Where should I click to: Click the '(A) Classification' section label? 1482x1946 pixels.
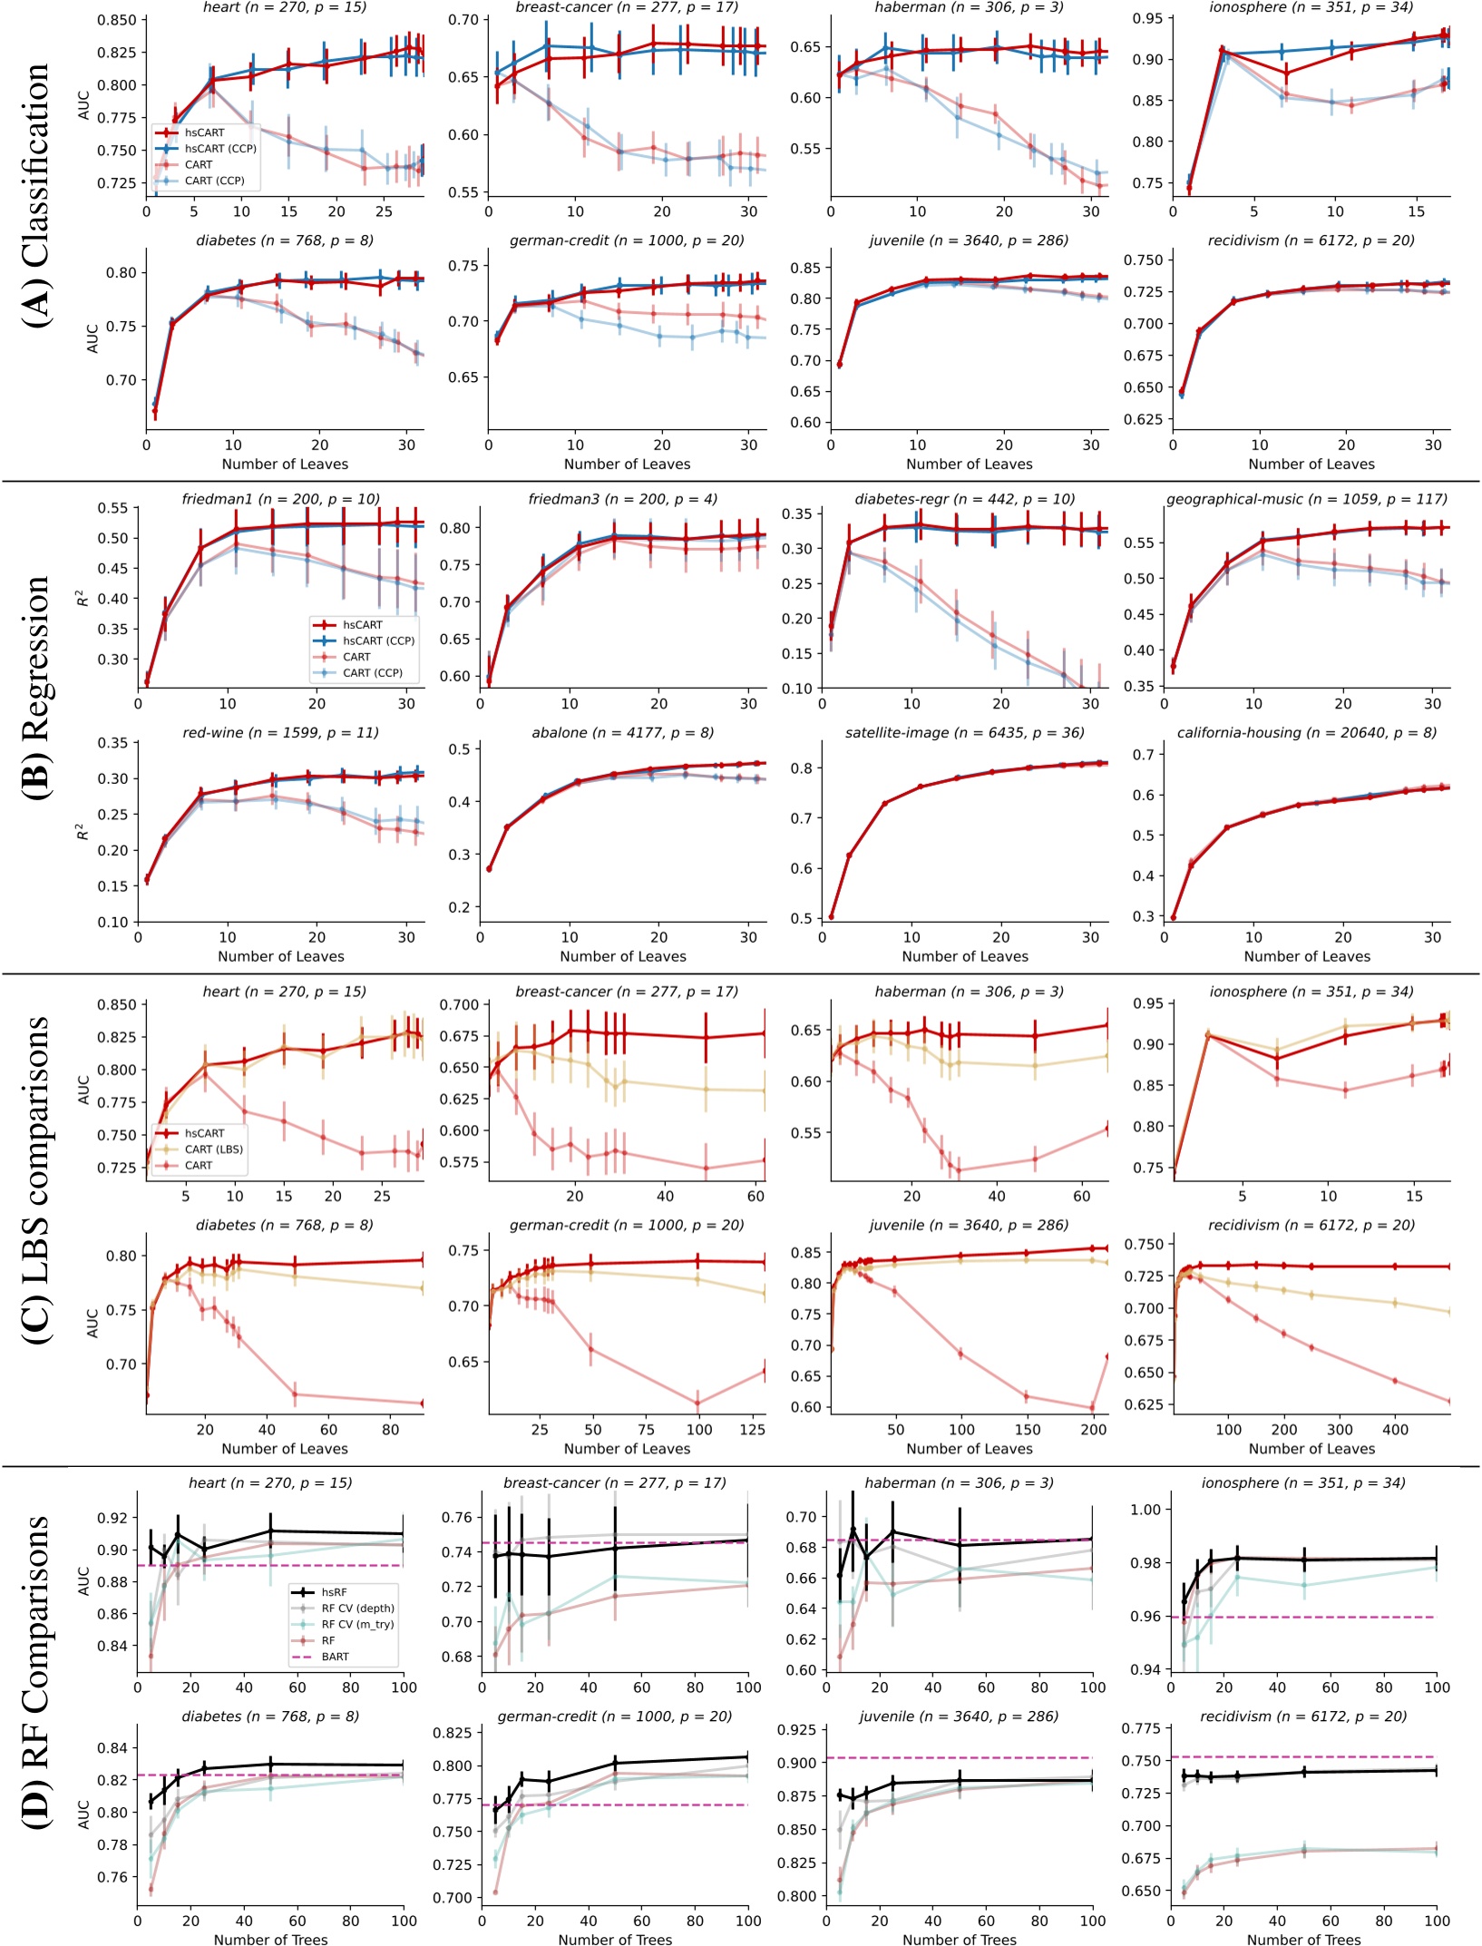coord(36,195)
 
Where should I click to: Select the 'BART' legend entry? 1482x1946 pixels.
coord(335,1657)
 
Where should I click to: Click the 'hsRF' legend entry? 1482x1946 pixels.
coord(334,1592)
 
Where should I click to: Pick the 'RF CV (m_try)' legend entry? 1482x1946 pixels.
coord(357,1624)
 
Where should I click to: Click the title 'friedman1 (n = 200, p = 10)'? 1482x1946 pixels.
coord(280,499)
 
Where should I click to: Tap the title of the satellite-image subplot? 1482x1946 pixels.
coord(964,732)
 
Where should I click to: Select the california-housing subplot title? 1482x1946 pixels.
coord(1306,732)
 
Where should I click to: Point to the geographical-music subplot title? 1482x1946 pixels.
coord(1306,499)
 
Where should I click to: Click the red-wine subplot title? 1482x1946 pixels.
coord(280,732)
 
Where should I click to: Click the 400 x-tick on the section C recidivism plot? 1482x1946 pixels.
coord(1395,1430)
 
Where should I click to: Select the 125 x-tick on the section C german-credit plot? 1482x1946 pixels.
coord(752,1430)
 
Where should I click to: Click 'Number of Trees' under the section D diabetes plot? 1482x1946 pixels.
coord(270,1940)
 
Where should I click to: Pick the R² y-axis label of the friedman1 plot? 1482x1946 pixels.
coord(83,598)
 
